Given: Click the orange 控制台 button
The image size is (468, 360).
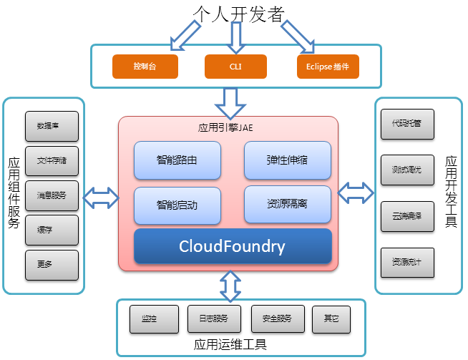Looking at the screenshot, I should [145, 67].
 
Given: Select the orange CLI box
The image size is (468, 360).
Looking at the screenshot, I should [236, 67].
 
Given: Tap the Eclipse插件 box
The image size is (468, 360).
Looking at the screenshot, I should [328, 67].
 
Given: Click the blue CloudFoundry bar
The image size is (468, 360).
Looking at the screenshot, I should [233, 247].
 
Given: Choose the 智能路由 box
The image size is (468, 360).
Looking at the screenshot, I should [177, 160].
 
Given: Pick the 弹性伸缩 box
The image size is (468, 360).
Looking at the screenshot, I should [288, 160].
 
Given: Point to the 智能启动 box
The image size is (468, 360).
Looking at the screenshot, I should [177, 204].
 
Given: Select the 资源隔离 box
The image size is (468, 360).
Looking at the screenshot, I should [288, 204].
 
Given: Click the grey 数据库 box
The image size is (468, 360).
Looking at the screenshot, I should [51, 126].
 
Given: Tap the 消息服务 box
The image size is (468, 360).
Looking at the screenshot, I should [51, 195].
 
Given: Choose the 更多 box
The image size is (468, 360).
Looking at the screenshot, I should [51, 264].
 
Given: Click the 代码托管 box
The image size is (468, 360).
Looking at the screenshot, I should [408, 124].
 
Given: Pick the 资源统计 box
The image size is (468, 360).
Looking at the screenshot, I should [408, 262].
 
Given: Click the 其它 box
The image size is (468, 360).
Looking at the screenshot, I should [331, 319].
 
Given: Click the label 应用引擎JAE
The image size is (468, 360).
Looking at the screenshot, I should [225, 129].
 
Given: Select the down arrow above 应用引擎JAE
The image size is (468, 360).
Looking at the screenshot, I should [230, 102].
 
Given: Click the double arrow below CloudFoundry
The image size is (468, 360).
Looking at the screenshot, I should [230, 286].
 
